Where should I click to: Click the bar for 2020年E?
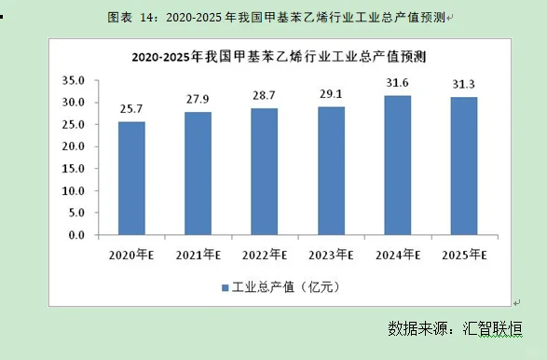[131, 179]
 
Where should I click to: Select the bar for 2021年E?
[198, 174]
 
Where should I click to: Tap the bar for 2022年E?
[264, 173]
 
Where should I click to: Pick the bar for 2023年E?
[331, 172]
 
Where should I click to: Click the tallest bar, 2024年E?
[398, 166]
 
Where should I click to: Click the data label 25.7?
[131, 110]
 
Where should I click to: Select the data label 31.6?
[398, 84]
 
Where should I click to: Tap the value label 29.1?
[331, 95]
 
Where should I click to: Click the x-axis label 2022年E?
[265, 254]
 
